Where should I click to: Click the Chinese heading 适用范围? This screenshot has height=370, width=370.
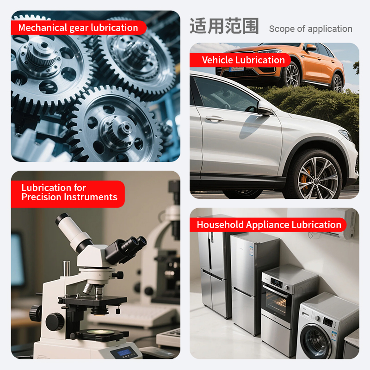(x=224, y=26)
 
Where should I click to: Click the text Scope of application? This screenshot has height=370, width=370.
(x=310, y=29)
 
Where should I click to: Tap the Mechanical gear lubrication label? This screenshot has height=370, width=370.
(x=78, y=28)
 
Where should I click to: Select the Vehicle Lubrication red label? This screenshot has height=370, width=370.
(x=240, y=60)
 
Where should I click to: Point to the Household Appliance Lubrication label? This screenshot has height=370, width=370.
(x=268, y=225)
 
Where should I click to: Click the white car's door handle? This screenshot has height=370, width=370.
(x=215, y=118)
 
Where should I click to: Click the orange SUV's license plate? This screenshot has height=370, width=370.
(x=236, y=69)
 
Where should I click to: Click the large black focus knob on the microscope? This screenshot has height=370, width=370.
(x=55, y=321)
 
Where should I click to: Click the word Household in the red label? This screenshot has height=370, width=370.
(x=220, y=225)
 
